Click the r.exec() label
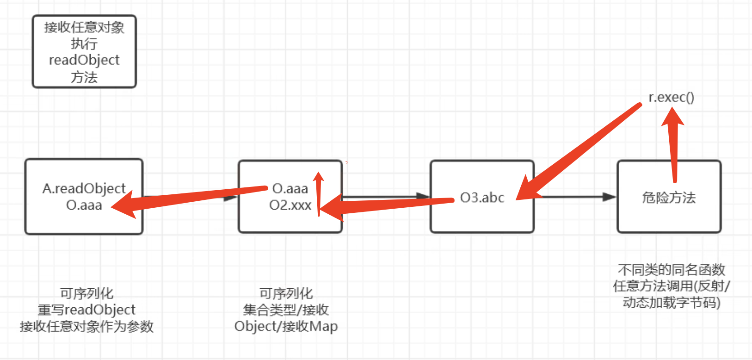671,98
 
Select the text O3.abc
482,198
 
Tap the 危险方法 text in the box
669,198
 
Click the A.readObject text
84,188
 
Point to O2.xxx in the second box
290,205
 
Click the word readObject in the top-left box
84,60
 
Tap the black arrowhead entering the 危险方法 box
610,197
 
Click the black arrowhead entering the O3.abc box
423,196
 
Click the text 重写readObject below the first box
86,310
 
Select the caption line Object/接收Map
286,326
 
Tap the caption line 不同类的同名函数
671,269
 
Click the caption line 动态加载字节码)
671,303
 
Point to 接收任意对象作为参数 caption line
86,326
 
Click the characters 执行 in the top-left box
84,44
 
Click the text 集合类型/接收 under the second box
286,310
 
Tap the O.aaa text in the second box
290,189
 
